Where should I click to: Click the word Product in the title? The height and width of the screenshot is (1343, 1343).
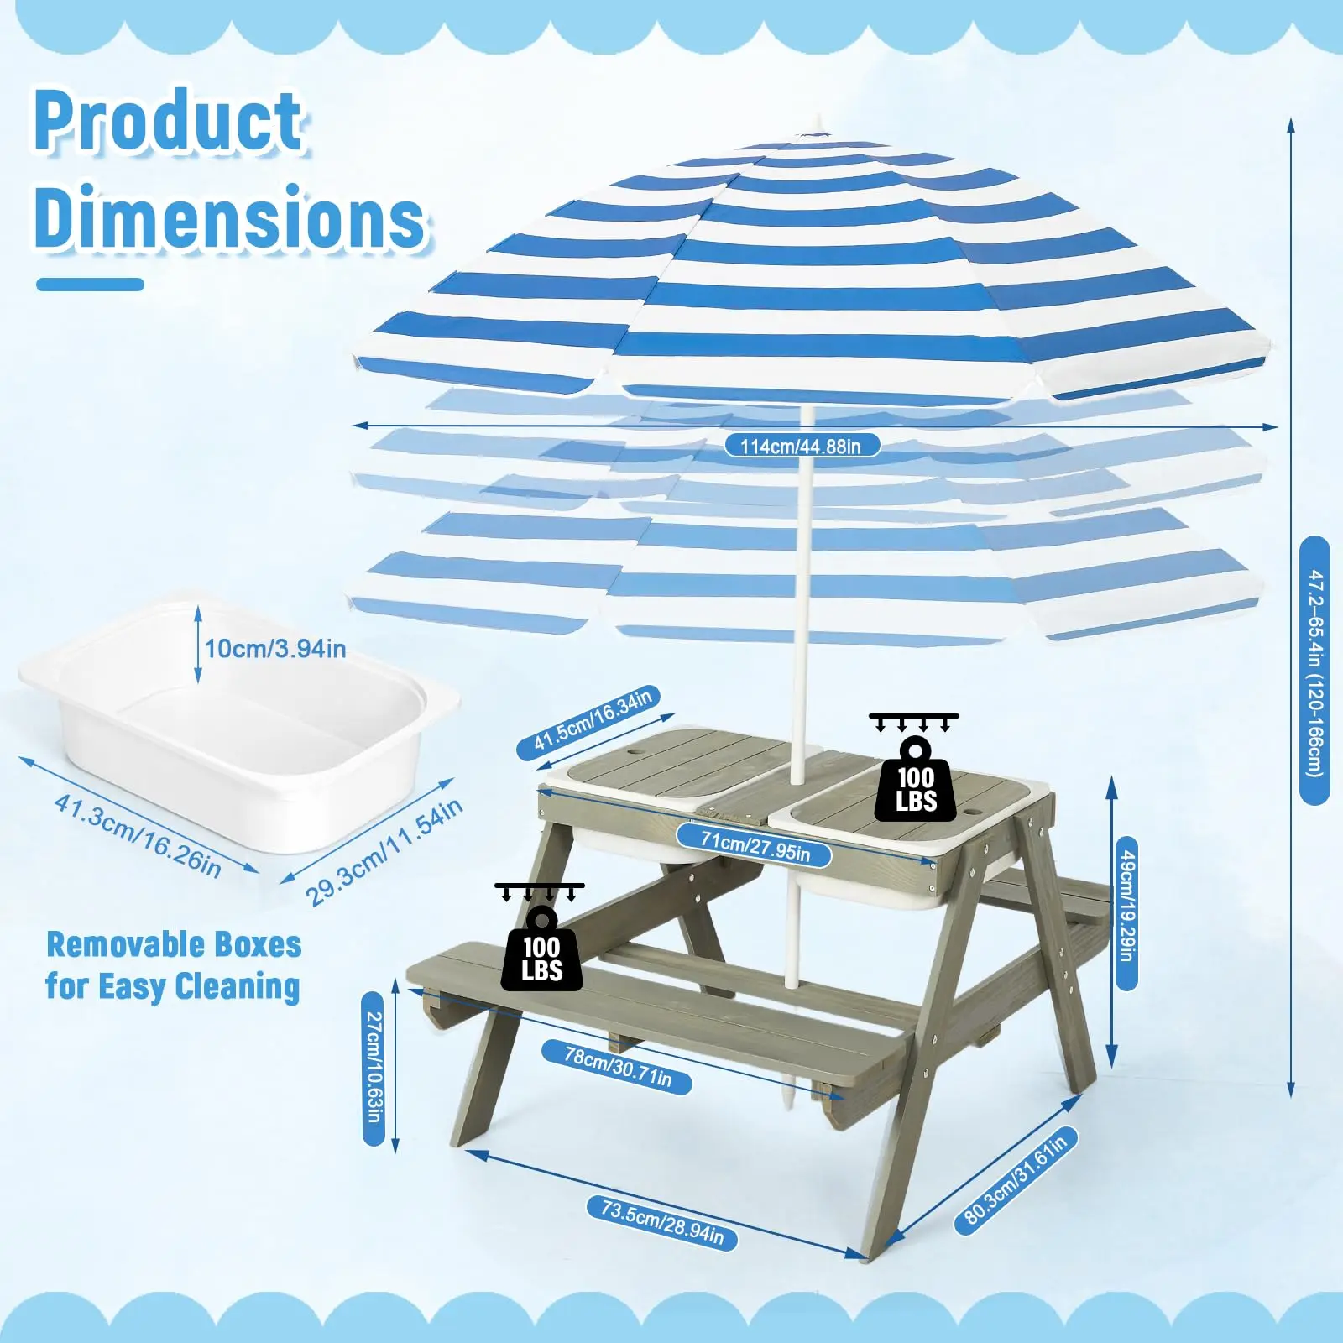point(168,121)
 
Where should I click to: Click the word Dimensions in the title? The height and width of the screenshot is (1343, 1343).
point(231,217)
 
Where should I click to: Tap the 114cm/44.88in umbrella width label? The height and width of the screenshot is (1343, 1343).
point(802,446)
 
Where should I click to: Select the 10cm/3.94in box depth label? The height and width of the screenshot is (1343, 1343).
point(275,649)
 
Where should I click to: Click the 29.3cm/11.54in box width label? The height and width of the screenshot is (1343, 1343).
point(384,852)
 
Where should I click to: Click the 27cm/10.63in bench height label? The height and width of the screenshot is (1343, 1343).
point(374,1068)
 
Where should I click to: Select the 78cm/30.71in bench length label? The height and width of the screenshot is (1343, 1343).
point(618,1067)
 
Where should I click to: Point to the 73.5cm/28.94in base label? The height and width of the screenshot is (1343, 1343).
point(662,1222)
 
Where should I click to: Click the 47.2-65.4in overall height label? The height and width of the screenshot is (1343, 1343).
point(1314,671)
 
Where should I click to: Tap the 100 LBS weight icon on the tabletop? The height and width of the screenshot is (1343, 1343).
point(915,769)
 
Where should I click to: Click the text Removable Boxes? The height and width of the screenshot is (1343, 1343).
point(174,945)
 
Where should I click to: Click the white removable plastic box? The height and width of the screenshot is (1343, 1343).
point(239,722)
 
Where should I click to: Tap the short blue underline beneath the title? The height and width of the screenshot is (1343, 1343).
point(90,285)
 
